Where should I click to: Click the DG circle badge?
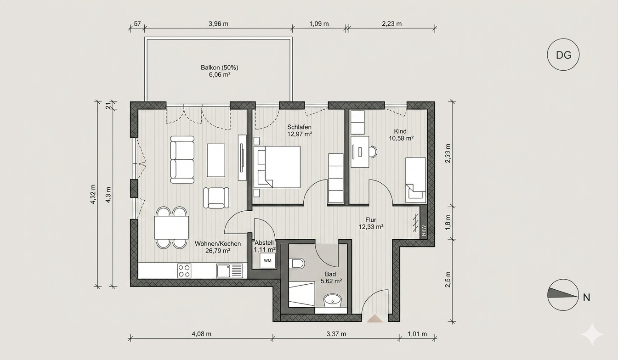pyautogui.click(x=563, y=55)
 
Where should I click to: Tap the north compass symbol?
pyautogui.click(x=563, y=295)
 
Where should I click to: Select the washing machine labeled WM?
pyautogui.click(x=267, y=260)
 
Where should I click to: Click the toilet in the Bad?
pyautogui.click(x=296, y=263)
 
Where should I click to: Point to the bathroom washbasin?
pyautogui.click(x=333, y=300)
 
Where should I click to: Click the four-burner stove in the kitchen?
pyautogui.click(x=184, y=270)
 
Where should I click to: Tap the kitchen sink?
pyautogui.click(x=230, y=271)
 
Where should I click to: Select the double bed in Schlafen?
pyautogui.click(x=277, y=167)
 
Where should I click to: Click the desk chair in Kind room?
pyautogui.click(x=373, y=152)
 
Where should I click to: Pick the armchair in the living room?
pyautogui.click(x=216, y=197)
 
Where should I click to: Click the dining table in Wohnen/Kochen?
pyautogui.click(x=171, y=228)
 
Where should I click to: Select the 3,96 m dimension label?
pyautogui.click(x=218, y=24)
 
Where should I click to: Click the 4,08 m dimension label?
pyautogui.click(x=202, y=334)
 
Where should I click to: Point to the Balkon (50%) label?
pyautogui.click(x=219, y=67)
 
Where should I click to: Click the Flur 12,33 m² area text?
pyautogui.click(x=371, y=223)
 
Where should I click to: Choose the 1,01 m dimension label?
pyautogui.click(x=417, y=334)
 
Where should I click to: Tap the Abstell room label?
pyautogui.click(x=264, y=243)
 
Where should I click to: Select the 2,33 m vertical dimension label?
pyautogui.click(x=448, y=153)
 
